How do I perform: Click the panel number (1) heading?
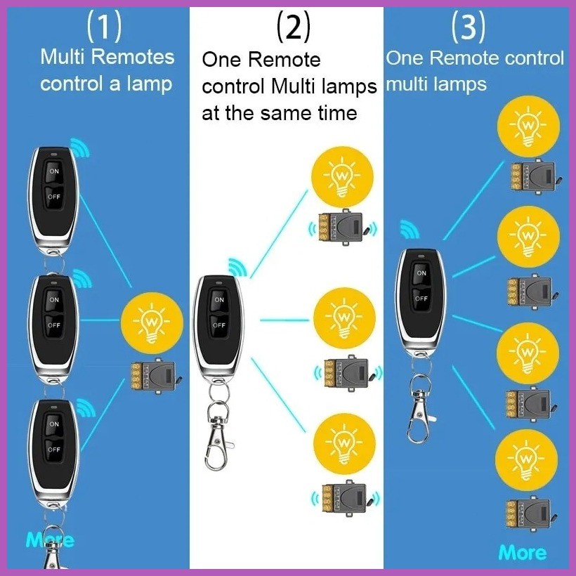(x=104, y=26)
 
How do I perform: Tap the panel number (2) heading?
(x=293, y=26)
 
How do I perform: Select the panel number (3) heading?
(x=469, y=26)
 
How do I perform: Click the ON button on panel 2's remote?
(x=219, y=299)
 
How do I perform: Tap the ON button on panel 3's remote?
(x=421, y=273)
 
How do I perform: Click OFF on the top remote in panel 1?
(x=54, y=197)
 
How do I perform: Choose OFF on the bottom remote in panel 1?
(x=54, y=450)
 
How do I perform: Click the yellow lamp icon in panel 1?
(x=152, y=323)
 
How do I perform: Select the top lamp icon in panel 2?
(x=342, y=177)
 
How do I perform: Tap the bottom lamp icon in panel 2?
(x=344, y=444)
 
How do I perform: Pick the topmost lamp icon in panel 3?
(x=528, y=126)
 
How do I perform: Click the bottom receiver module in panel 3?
(x=530, y=514)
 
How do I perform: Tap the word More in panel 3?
(x=523, y=553)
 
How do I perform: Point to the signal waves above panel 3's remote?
(x=410, y=229)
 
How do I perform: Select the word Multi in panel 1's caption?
(x=63, y=57)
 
